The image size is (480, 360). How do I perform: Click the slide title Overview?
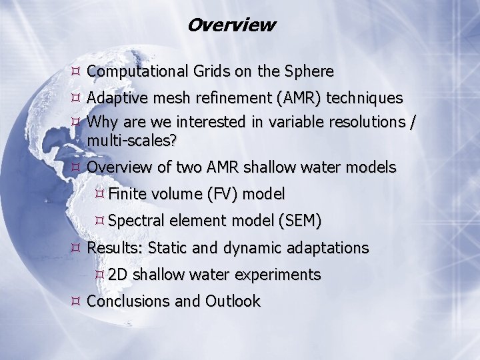231,25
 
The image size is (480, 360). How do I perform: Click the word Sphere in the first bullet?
308,71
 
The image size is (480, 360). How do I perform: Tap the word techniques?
365,99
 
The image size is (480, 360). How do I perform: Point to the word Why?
102,122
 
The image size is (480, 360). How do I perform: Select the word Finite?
128,195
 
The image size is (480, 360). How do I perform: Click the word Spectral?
135,221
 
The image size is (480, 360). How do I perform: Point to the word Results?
115,248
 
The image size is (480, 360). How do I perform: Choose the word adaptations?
327,248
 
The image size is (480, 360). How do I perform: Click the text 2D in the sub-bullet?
118,275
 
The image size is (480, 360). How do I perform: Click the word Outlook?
233,301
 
